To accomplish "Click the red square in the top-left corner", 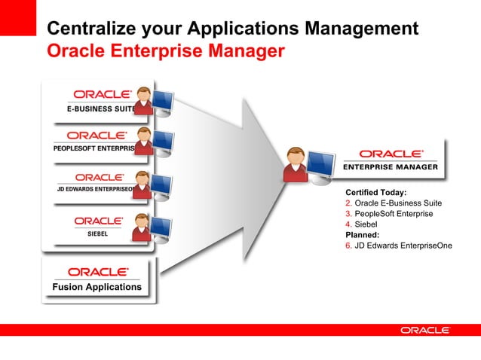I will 17,17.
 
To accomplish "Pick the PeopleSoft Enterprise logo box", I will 94,141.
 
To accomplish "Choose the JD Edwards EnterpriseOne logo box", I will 94,182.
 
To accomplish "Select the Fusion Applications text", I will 97,287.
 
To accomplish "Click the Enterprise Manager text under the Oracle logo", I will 391,167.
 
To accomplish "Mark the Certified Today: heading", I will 375,193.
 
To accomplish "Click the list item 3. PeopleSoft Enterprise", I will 389,214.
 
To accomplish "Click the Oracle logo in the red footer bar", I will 425,330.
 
